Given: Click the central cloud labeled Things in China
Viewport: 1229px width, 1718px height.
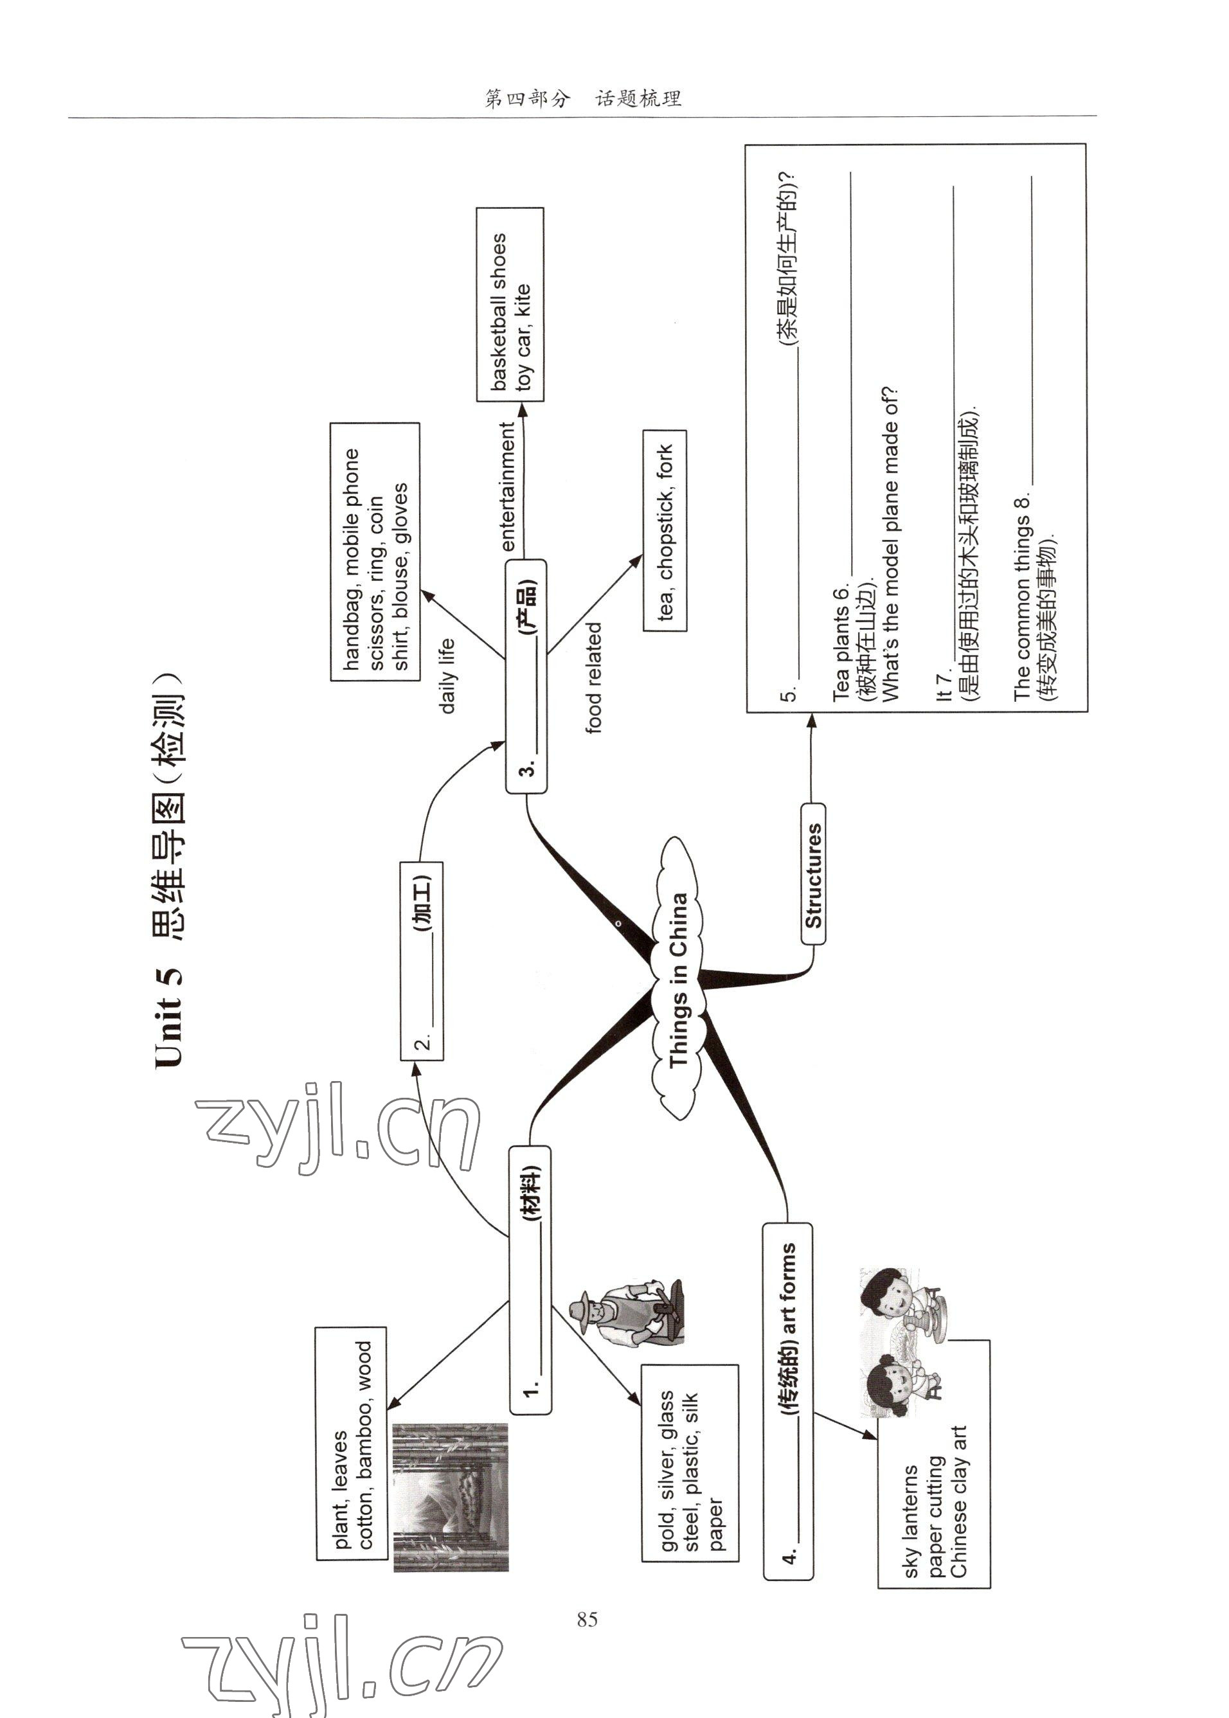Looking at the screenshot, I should click(x=678, y=979).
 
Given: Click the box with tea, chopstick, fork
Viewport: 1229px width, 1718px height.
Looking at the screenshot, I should click(x=665, y=530).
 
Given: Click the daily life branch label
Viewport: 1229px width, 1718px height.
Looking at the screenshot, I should click(x=447, y=676).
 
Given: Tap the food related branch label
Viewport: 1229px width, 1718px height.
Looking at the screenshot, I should click(x=594, y=677).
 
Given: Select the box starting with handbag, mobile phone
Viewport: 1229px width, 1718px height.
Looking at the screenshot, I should click(x=375, y=552).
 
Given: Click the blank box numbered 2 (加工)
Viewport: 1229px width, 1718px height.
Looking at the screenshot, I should click(x=422, y=960).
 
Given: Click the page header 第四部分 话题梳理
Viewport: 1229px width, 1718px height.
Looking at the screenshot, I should click(x=583, y=98).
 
